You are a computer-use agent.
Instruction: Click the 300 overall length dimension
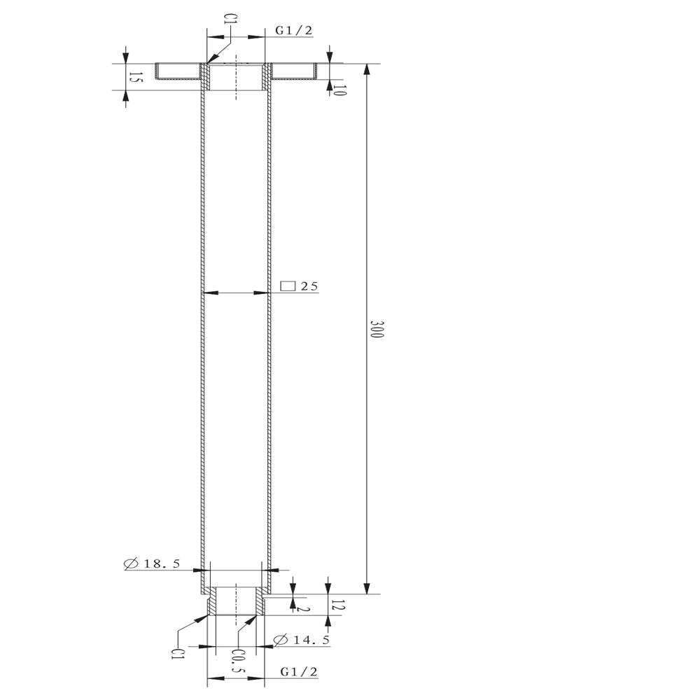coord(377,329)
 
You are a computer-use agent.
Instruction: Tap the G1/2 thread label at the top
coord(294,30)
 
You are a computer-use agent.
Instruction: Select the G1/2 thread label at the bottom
coord(299,671)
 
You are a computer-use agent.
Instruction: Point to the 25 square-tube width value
coord(309,286)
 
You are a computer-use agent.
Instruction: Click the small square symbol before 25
coord(288,286)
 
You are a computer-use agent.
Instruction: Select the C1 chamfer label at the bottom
coord(177,654)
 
